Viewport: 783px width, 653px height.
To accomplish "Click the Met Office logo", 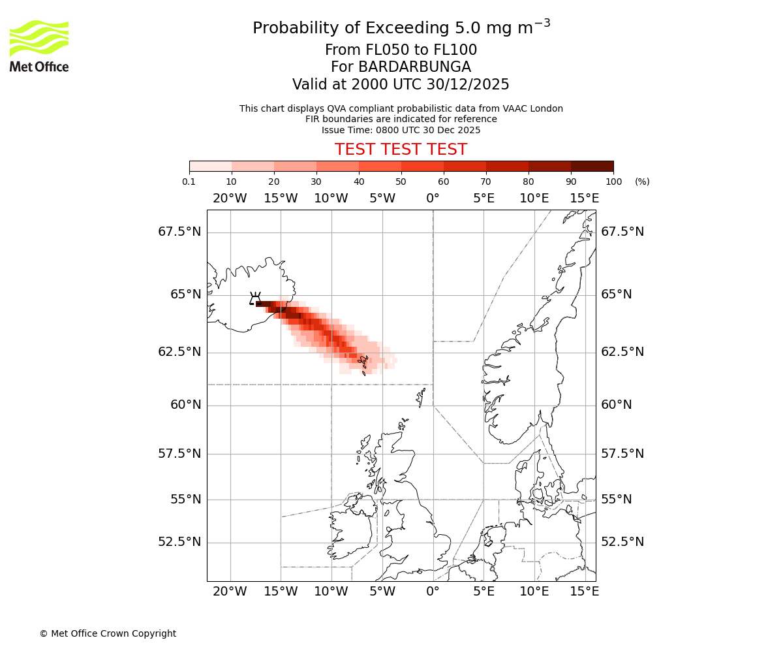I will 39,46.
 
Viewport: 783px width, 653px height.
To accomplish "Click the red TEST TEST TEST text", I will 401,150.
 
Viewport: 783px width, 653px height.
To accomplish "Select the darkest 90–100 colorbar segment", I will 592,167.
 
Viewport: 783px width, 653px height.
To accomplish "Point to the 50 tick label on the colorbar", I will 401,182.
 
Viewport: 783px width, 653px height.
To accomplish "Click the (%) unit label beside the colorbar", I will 642,182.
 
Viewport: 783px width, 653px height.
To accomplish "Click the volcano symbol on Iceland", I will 255,298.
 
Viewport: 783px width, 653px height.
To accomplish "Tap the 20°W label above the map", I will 230,199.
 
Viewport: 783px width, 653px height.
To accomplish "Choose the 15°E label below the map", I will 585,592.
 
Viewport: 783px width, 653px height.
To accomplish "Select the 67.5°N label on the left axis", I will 179,232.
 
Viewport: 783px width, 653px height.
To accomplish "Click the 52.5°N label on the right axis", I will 622,542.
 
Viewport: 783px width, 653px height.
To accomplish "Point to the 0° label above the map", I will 433,199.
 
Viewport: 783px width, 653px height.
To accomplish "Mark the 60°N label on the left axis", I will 186,405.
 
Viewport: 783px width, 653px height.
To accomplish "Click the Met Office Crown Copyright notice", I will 108,633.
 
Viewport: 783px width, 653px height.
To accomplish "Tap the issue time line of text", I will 401,130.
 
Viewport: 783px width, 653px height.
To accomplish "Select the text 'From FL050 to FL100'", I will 401,50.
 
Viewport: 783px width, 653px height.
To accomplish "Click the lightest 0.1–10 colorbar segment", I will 211,167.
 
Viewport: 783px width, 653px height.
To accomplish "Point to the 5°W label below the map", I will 382,592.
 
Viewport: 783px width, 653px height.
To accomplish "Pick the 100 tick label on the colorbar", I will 613,182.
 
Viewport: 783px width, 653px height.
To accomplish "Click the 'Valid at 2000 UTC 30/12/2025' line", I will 401,85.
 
